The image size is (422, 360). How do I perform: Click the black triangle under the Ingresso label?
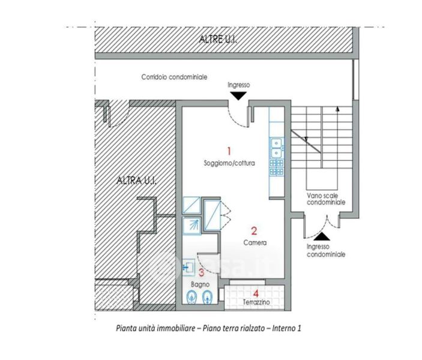click(x=238, y=96)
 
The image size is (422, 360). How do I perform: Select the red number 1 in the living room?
click(x=229, y=151)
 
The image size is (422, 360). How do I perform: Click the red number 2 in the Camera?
click(x=254, y=230)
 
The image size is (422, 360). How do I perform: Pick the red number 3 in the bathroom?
click(x=202, y=272)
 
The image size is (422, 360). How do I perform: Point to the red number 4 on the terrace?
click(x=256, y=293)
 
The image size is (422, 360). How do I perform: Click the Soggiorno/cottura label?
click(x=229, y=163)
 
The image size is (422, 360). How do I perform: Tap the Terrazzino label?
click(x=256, y=302)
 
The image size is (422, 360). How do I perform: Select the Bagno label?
click(x=200, y=284)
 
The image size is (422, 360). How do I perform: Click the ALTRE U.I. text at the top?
click(x=218, y=40)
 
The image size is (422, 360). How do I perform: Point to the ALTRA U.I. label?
click(x=136, y=181)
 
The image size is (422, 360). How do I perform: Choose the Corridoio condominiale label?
click(x=175, y=77)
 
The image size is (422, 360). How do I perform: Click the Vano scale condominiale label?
click(x=326, y=199)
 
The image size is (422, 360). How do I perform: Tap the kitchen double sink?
click(x=276, y=148)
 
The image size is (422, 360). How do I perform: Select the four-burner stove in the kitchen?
click(x=277, y=167)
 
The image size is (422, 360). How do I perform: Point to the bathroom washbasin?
click(x=188, y=267)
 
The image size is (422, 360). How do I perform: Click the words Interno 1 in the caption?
click(x=286, y=328)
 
